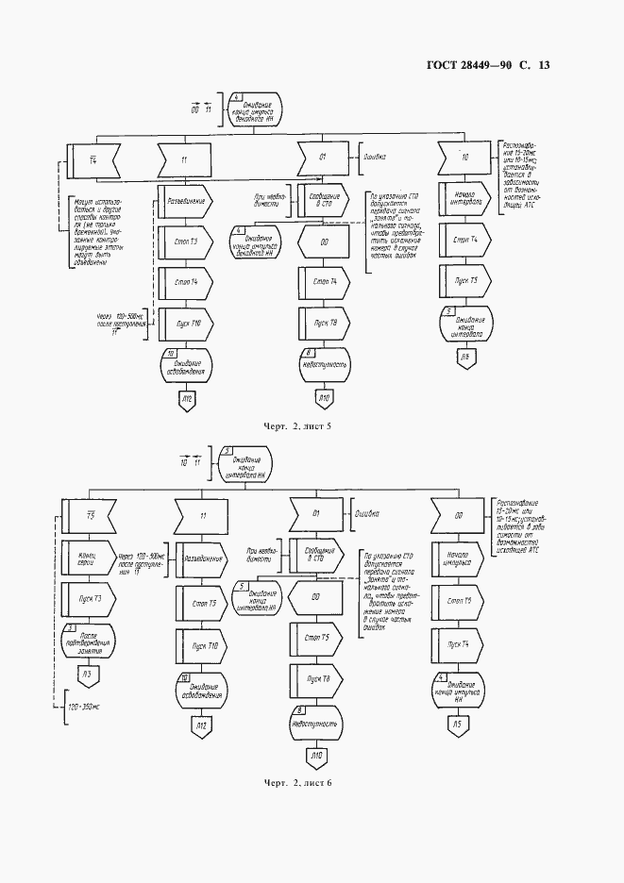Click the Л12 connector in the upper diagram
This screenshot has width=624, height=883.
coord(187,402)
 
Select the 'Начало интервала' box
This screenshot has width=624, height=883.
coord(463,202)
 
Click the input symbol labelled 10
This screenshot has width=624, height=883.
coord(464,159)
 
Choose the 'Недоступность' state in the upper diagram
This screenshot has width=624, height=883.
coord(324,362)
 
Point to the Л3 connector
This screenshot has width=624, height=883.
coord(87,673)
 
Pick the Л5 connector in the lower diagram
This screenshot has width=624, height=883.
coord(459,725)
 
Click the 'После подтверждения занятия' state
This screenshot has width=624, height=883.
coord(86,640)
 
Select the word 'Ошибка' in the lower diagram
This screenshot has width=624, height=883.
coord(367,515)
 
